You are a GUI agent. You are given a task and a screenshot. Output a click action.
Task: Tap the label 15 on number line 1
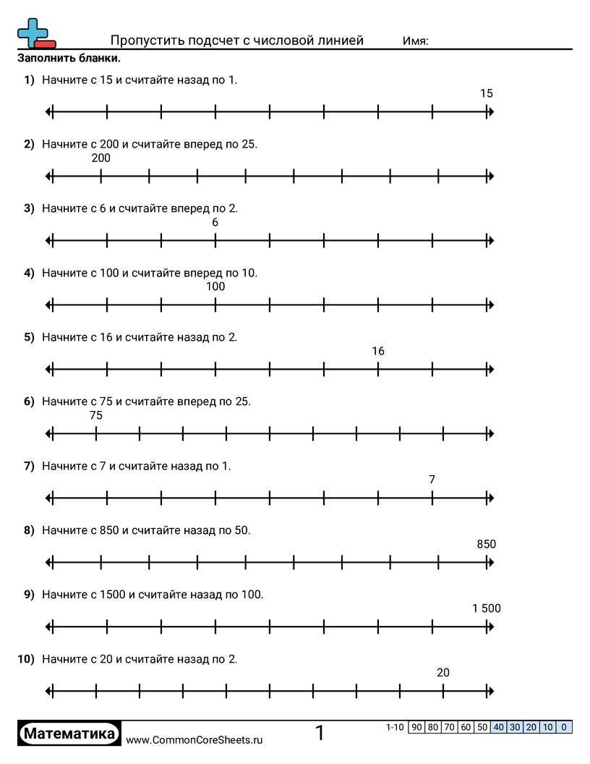tap(487, 93)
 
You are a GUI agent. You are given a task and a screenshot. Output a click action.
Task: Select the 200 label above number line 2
tap(101, 158)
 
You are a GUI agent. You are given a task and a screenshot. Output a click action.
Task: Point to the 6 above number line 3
tap(215, 222)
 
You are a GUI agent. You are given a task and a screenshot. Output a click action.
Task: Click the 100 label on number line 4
tap(215, 286)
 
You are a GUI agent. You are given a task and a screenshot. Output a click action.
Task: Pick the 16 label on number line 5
tap(378, 352)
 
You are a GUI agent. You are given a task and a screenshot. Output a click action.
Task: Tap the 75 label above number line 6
tap(96, 415)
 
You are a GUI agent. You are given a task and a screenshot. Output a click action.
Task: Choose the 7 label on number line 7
tap(432, 480)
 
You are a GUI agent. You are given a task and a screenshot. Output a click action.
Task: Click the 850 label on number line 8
tap(487, 544)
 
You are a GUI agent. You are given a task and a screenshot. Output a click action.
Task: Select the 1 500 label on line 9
tap(487, 608)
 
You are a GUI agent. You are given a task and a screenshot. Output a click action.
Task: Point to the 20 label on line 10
tap(443, 673)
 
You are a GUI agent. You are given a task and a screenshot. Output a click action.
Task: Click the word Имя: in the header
tap(416, 41)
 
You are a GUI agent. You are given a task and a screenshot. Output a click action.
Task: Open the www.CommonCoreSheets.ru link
tap(194, 739)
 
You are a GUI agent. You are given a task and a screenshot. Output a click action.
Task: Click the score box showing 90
tap(416, 727)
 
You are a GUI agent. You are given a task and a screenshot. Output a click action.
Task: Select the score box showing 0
tap(564, 727)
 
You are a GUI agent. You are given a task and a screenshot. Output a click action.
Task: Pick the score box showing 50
tap(482, 727)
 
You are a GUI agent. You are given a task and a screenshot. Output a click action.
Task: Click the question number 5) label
tap(29, 337)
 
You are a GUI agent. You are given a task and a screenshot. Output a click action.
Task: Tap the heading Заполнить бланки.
tap(69, 58)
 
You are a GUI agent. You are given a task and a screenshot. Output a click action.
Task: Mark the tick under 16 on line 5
tap(378, 370)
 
